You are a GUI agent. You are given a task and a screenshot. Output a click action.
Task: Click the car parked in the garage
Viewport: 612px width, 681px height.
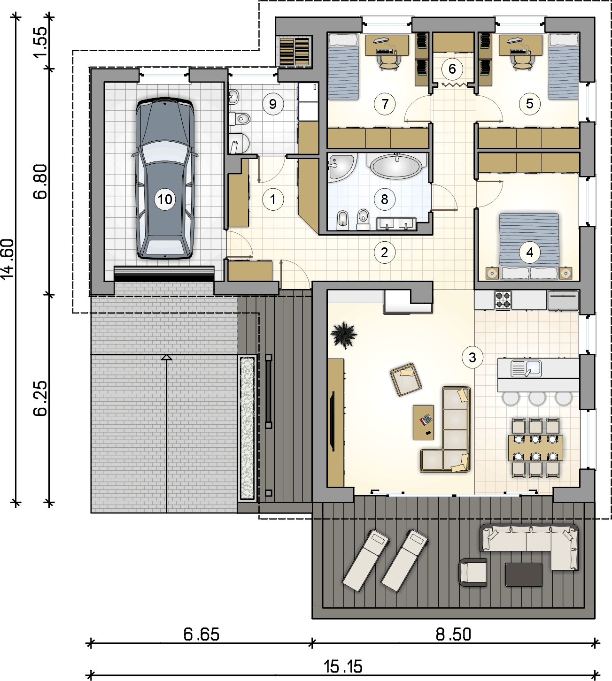(165, 178)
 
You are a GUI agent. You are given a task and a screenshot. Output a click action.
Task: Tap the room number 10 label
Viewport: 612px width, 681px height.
(165, 199)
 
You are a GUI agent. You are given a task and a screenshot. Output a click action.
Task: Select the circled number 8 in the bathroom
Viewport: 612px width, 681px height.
(385, 199)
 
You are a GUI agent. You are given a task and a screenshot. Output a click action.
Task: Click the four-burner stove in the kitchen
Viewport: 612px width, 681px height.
(503, 300)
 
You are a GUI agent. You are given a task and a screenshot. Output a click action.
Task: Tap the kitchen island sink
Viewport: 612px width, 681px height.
(526, 368)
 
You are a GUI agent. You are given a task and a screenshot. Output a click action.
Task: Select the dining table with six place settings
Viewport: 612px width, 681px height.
(535, 448)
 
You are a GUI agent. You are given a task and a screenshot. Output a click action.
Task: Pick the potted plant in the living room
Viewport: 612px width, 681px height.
(343, 335)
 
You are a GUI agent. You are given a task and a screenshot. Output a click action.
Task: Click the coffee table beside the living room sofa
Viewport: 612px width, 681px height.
(423, 422)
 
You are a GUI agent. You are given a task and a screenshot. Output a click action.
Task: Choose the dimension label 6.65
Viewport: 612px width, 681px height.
(201, 635)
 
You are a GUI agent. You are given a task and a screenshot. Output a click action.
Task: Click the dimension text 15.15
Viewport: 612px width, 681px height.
(343, 666)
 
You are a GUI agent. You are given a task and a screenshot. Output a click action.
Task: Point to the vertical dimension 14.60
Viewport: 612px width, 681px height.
(8, 259)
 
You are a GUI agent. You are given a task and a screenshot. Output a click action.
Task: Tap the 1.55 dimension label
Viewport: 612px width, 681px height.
(40, 42)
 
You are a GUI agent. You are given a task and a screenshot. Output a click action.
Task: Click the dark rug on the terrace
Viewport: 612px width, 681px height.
(524, 575)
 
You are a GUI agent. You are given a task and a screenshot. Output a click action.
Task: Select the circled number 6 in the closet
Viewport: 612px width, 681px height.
(452, 69)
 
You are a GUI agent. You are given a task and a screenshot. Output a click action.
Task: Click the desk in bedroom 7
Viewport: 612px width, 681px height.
(387, 45)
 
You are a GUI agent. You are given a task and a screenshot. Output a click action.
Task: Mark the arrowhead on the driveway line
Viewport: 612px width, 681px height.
(166, 357)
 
